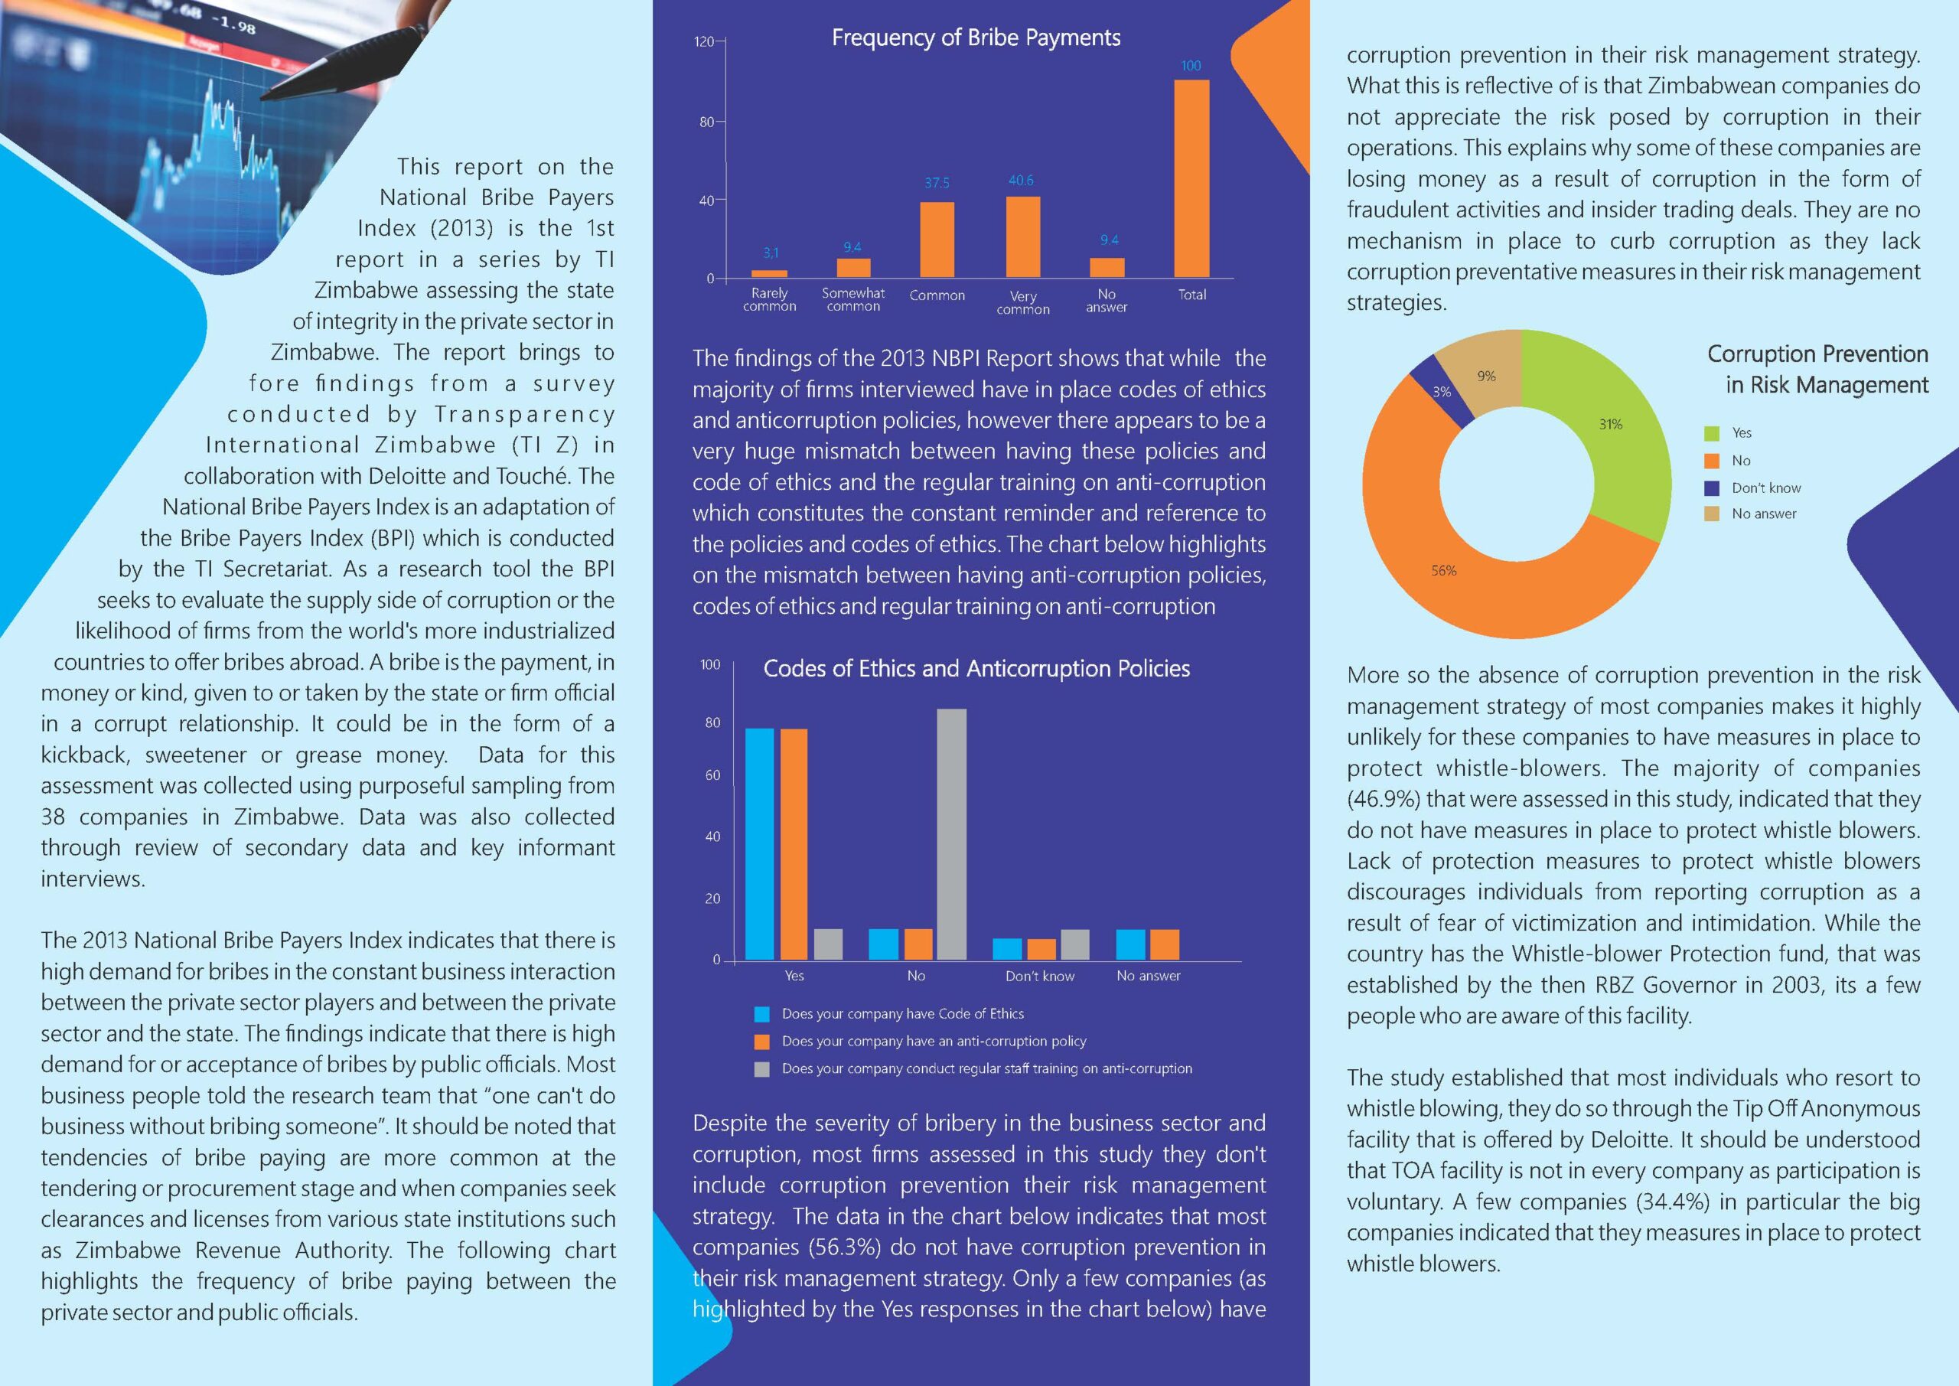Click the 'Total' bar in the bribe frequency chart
tap(1191, 179)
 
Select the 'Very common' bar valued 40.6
tap(1022, 237)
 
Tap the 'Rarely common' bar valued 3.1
tap(769, 273)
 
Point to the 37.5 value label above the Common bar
tap(936, 184)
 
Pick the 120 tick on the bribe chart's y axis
tap(704, 42)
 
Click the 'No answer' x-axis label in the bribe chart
tap(1106, 301)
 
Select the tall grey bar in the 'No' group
tap(951, 833)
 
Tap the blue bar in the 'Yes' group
tap(759, 843)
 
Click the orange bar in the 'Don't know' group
tap(1041, 949)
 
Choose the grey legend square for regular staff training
tap(762, 1068)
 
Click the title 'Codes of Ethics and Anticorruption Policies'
tap(976, 668)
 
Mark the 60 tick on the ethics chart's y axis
tap(712, 776)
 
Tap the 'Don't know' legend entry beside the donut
tap(1765, 488)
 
